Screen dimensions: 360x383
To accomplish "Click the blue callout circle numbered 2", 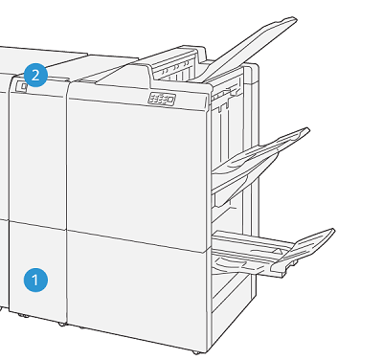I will (36, 75).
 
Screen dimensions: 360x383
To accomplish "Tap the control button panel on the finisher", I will (161, 99).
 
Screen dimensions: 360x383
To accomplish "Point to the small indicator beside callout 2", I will (20, 87).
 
